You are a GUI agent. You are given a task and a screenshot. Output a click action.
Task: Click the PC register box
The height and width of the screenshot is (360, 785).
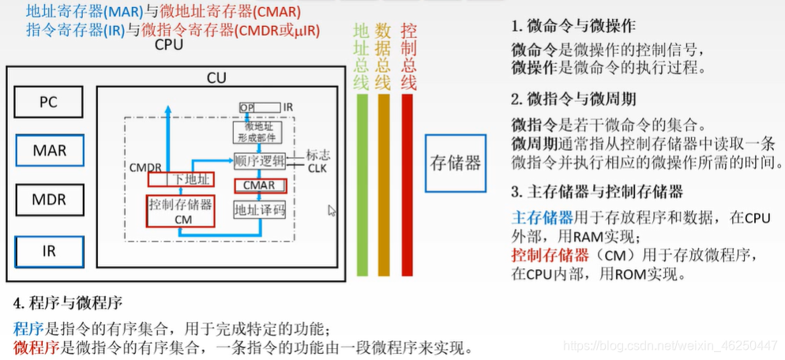pos(48,103)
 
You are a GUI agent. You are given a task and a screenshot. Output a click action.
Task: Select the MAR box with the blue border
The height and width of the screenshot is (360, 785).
pos(48,150)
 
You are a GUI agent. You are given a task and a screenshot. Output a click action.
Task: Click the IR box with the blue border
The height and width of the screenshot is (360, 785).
pos(48,252)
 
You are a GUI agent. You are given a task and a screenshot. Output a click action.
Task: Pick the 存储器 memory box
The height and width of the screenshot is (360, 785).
pos(455,163)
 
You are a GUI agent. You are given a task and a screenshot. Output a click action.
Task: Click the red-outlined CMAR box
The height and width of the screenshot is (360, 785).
pos(259,186)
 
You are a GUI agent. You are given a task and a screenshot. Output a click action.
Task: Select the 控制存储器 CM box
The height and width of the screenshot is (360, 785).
pos(182,211)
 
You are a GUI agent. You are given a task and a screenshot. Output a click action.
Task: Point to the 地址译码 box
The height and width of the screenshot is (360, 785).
pos(259,211)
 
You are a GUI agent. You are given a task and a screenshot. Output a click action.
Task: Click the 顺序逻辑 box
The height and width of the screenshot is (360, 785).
pos(259,160)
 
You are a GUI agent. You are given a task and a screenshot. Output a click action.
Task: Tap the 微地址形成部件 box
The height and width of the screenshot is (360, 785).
pos(257,132)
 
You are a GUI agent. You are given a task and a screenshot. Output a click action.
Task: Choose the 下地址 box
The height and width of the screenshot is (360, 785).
pos(182,179)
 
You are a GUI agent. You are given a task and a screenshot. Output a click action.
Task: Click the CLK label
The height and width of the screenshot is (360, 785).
pos(317,168)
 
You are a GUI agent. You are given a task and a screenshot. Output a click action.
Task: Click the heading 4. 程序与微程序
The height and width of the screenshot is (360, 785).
pos(68,302)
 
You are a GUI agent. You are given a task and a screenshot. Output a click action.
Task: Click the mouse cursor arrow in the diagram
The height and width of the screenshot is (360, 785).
pos(332,211)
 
